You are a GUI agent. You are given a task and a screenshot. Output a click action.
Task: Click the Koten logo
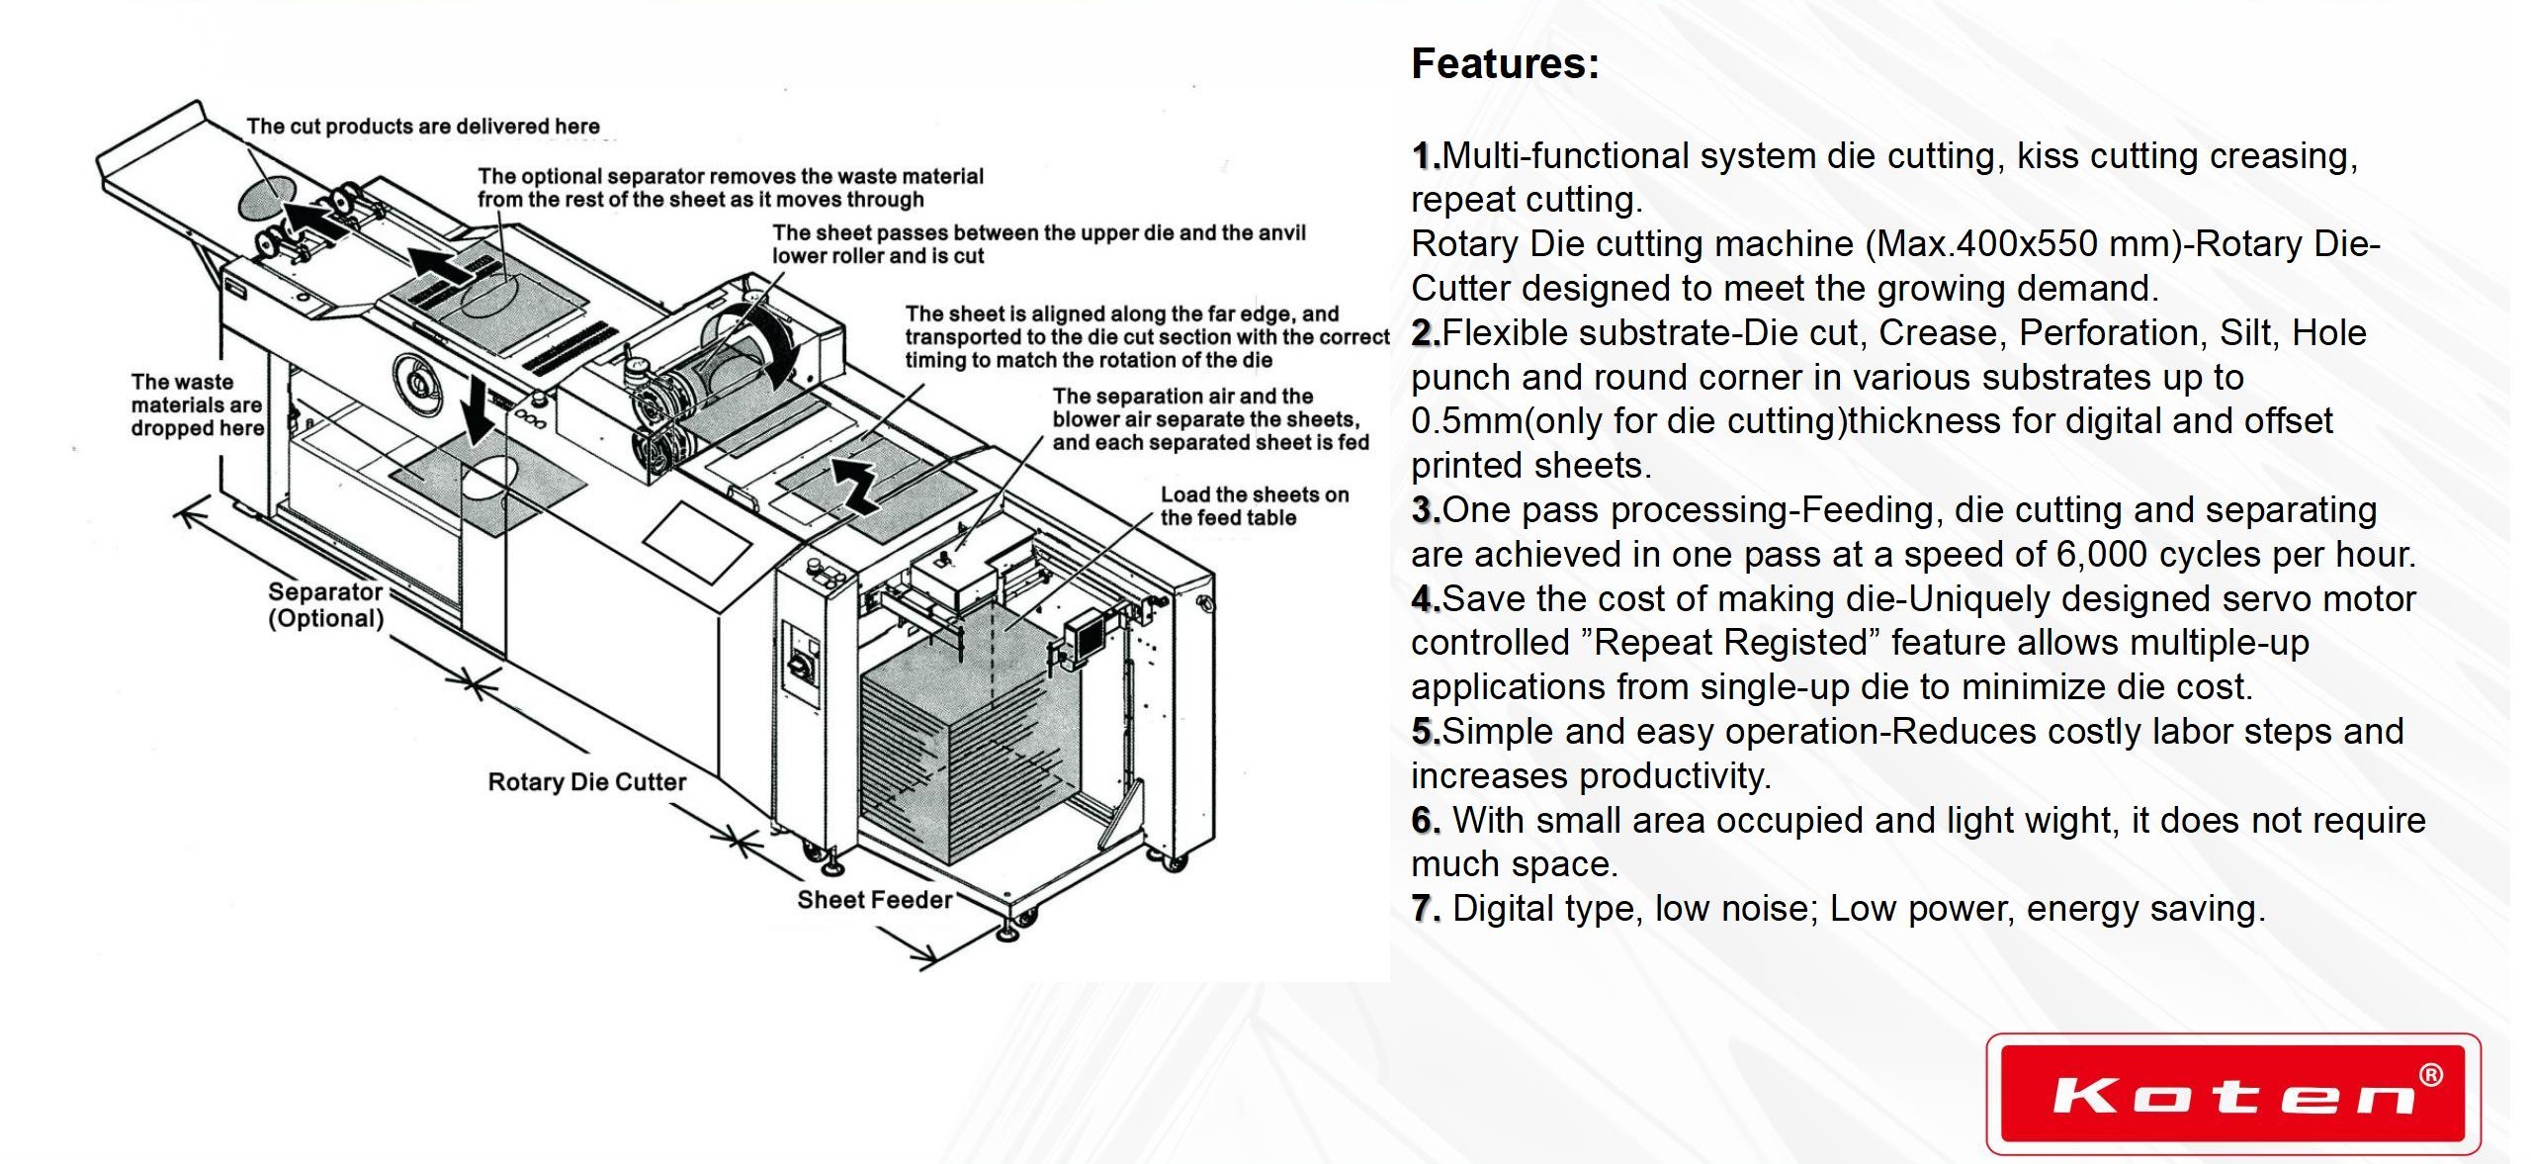tap(2232, 1094)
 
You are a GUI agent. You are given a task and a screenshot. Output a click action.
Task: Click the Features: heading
tap(1505, 64)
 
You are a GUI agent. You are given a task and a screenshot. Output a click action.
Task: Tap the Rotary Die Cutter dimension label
tap(586, 782)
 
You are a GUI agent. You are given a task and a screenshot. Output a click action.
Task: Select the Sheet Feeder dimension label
tap(874, 900)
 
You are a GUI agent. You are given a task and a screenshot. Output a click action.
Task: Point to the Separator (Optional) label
tap(325, 605)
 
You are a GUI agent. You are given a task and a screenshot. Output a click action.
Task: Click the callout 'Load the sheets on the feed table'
tap(1254, 506)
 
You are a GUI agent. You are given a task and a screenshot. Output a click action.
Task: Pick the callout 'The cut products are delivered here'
tap(423, 127)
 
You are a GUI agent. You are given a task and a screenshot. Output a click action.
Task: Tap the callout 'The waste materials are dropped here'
tap(197, 404)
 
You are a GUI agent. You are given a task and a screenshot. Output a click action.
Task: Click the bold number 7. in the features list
tap(1425, 909)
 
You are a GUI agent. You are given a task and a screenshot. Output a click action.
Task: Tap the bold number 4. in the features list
tap(1425, 599)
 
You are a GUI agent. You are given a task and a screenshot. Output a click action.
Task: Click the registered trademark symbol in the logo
tap(2429, 1075)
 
